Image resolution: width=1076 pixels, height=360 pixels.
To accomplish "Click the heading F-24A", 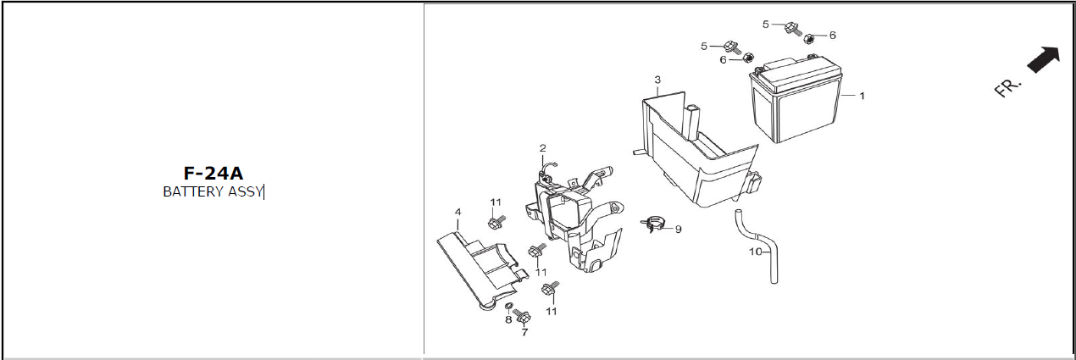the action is point(214,174).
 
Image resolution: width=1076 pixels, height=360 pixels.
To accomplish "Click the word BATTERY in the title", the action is point(193,191).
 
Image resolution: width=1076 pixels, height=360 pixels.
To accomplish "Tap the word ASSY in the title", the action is point(245,191).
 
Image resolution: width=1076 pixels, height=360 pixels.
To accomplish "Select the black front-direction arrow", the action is point(1043,60).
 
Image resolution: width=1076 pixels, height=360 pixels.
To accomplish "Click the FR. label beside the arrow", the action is point(1007,88).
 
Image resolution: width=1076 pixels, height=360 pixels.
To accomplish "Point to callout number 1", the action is point(862,96).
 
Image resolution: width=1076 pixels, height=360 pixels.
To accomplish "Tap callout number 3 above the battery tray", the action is point(657,80).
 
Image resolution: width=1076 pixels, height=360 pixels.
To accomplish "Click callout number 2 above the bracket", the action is point(543,148).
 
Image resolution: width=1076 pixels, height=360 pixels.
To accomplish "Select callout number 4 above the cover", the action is point(458,212).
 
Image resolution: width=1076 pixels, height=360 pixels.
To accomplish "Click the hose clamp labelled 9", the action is point(652,224).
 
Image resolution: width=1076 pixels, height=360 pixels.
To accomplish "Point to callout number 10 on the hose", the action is point(756,252).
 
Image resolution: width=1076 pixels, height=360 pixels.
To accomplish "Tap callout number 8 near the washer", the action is point(508,319).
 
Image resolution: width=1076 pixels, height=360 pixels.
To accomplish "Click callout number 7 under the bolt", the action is point(524,332).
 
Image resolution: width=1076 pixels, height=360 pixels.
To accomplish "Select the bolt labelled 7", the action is point(522,316).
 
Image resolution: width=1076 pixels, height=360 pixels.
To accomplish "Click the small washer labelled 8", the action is point(508,307).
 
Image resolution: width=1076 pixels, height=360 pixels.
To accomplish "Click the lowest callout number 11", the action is point(552,311).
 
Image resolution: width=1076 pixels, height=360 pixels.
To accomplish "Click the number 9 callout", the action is point(679,229).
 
